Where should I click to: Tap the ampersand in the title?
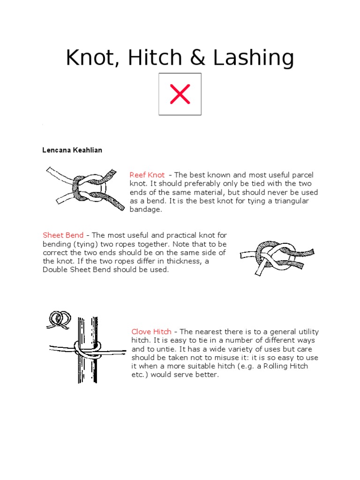[197, 58]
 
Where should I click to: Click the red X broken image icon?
[180, 94]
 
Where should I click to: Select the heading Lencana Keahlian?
[72, 150]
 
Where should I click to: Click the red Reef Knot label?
[147, 175]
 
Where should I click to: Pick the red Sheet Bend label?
[63, 235]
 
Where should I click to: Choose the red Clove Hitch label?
[151, 331]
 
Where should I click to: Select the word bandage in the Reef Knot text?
[145, 210]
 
